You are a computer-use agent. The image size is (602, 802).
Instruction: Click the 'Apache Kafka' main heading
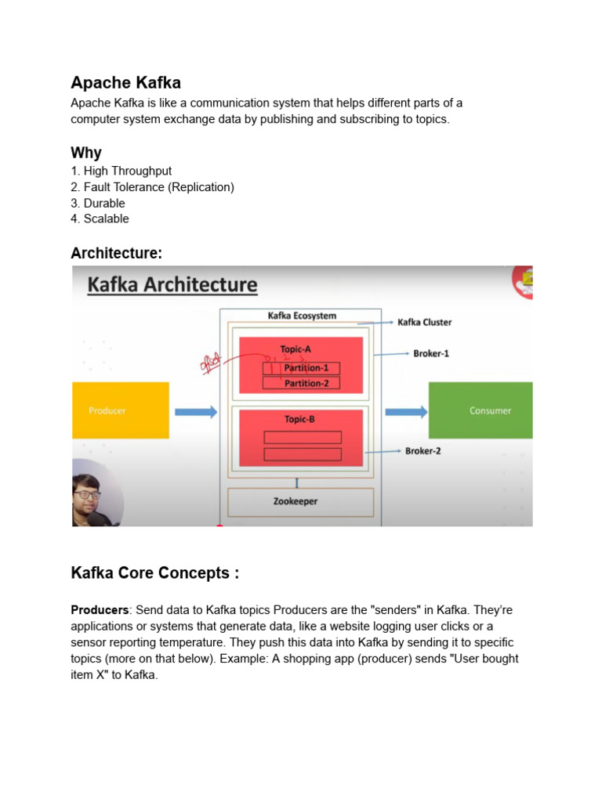[x=125, y=82]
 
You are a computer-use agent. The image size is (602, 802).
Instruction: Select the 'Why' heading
[x=86, y=152]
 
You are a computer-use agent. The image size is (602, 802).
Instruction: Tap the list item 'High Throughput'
[x=127, y=171]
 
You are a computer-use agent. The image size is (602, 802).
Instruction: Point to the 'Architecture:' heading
[x=117, y=252]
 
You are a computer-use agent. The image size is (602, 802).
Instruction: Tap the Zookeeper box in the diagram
[x=301, y=501]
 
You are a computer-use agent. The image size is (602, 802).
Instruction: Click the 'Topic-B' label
[x=300, y=420]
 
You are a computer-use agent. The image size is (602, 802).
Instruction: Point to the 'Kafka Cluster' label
[x=425, y=322]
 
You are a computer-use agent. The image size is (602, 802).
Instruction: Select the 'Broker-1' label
[x=431, y=354]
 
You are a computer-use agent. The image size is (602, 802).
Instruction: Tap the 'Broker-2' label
[x=422, y=451]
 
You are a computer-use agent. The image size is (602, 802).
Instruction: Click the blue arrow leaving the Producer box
[x=195, y=412]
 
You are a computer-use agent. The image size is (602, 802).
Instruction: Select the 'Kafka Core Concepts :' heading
[x=154, y=573]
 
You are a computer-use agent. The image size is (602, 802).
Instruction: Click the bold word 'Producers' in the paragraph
[x=100, y=609]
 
